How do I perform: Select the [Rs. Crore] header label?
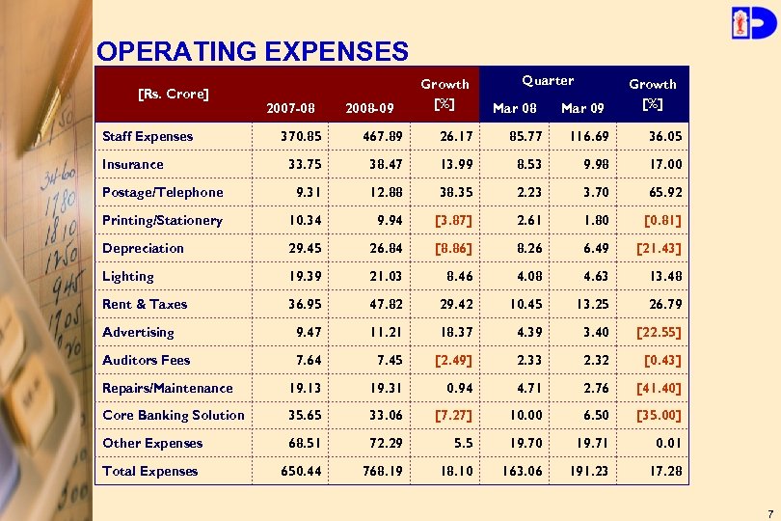click(174, 94)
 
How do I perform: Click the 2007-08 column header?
click(289, 108)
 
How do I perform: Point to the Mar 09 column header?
click(582, 108)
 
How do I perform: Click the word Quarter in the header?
click(548, 81)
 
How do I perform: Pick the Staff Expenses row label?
click(148, 136)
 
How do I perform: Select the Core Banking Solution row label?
click(174, 415)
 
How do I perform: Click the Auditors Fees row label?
click(147, 360)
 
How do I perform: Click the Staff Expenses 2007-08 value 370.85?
click(301, 136)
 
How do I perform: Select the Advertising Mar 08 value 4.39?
click(522, 332)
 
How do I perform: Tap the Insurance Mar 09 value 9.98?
click(588, 164)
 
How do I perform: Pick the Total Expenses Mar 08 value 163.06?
click(514, 471)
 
